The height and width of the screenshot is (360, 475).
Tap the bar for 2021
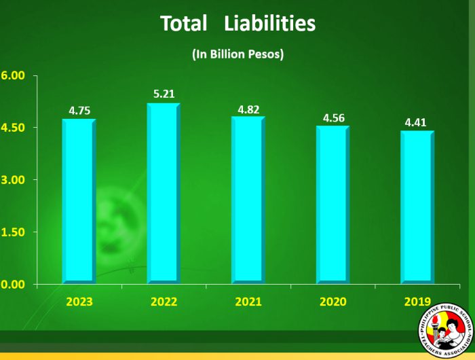click(x=248, y=200)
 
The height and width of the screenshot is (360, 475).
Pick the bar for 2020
click(x=333, y=204)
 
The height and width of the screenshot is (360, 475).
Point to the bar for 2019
click(x=417, y=206)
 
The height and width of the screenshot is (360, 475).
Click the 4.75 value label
click(x=79, y=111)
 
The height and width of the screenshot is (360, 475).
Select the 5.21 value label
click(x=164, y=94)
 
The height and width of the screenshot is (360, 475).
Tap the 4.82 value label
click(x=247, y=109)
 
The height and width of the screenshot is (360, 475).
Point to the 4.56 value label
click(x=333, y=118)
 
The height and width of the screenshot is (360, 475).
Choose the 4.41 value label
click(x=416, y=123)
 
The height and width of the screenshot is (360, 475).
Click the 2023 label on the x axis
click(x=79, y=302)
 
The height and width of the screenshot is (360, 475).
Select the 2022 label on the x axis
click(x=164, y=302)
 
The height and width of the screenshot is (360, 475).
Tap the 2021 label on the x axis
click(x=248, y=302)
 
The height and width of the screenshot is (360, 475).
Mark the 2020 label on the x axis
click(x=332, y=302)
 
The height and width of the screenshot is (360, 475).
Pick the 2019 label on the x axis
click(x=417, y=302)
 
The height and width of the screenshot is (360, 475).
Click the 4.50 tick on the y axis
click(x=13, y=128)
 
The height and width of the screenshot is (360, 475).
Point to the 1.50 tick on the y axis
click(x=13, y=232)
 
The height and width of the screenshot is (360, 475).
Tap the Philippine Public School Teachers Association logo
click(x=445, y=330)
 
